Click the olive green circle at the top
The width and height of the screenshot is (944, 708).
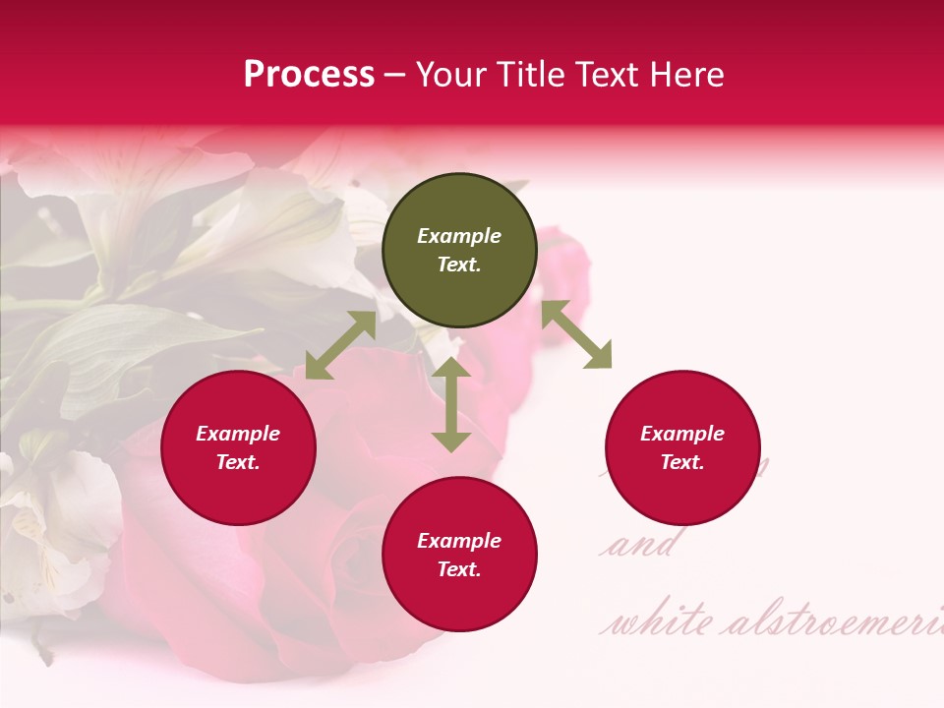pos(459,251)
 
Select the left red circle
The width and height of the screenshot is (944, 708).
pos(238,448)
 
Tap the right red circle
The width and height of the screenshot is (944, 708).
pos(682,448)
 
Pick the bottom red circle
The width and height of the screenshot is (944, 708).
pos(459,555)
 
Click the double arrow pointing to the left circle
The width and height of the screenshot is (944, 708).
pos(340,345)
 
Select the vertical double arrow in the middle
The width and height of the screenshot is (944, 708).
pos(451,404)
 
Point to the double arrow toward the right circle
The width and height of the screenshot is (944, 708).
pos(576,334)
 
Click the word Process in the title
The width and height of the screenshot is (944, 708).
pos(309,75)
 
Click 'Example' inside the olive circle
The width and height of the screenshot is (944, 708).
pos(459,236)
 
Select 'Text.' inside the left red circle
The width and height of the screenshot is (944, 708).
pos(238,462)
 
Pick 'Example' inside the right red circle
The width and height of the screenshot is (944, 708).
pos(682,434)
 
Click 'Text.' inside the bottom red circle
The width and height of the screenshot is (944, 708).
pos(459,569)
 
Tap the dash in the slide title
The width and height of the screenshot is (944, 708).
pos(395,76)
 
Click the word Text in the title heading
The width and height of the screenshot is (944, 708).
pos(608,75)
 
